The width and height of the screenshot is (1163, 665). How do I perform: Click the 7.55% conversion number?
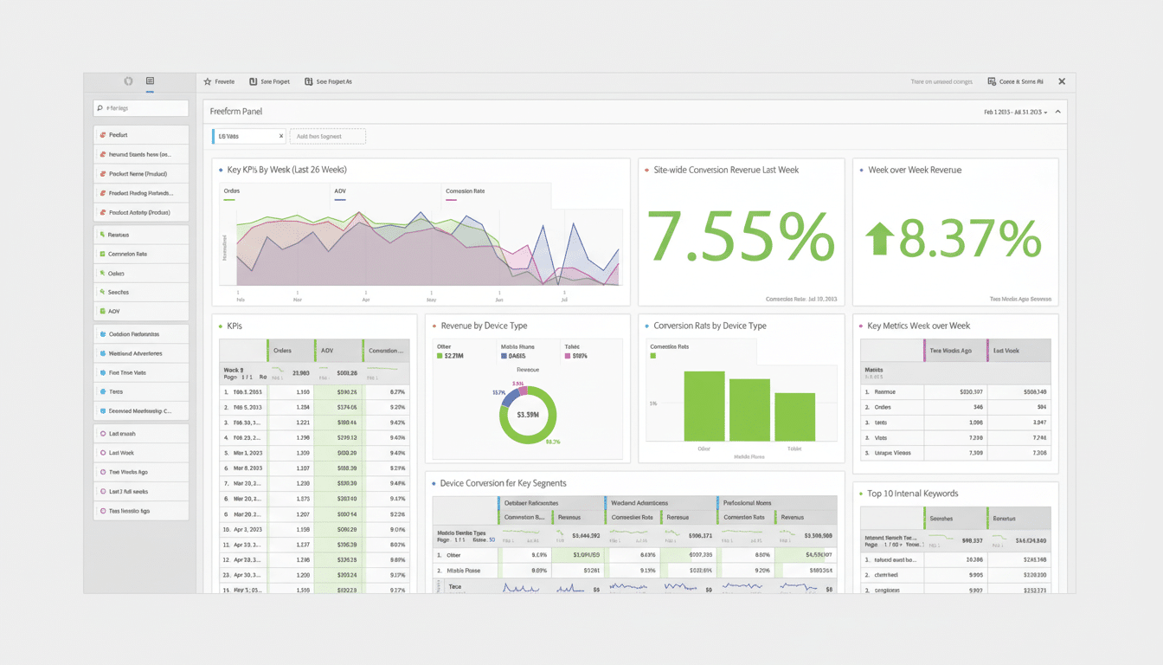tap(741, 236)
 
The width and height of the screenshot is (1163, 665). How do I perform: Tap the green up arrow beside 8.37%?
tap(879, 238)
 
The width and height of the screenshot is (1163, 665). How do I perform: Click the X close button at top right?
tap(1062, 81)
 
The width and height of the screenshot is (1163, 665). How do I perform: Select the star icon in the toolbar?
tap(208, 81)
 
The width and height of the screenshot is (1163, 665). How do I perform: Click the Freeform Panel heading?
tap(235, 112)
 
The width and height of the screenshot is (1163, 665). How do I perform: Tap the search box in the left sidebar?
tap(141, 108)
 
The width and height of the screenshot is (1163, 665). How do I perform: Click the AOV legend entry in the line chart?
tap(340, 191)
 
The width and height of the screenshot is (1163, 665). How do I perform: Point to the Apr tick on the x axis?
tap(366, 298)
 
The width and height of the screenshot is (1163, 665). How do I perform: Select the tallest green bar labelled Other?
tap(704, 406)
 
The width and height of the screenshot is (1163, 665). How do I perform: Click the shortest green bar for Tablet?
tap(794, 417)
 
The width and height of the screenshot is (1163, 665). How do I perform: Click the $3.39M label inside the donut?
tap(527, 415)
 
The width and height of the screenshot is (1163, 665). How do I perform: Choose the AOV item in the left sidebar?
tap(141, 311)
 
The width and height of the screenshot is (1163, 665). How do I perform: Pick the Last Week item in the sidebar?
tap(141, 453)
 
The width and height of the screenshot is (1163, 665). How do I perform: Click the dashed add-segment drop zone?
tap(328, 136)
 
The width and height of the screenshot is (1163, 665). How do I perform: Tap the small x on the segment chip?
tap(280, 136)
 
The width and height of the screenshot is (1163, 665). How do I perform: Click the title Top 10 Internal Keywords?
tap(912, 494)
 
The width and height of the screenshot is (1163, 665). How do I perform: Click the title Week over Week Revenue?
tap(915, 170)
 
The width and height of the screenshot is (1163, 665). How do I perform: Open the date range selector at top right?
tap(1015, 113)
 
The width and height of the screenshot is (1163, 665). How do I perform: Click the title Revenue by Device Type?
tap(484, 326)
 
